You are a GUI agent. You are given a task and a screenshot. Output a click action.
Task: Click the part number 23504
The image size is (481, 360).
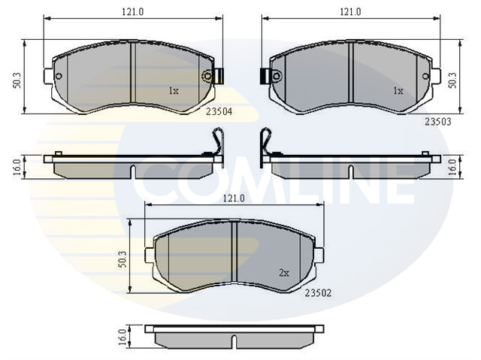(x=219, y=112)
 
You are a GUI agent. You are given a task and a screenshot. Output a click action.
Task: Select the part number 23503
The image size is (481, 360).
(x=437, y=122)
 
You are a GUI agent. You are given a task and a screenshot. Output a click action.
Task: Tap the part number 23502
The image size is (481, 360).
(x=318, y=293)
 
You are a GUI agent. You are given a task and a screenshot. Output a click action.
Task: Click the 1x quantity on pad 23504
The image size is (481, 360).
(x=174, y=91)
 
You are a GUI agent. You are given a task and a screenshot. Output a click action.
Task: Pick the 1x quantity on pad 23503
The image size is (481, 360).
(x=398, y=91)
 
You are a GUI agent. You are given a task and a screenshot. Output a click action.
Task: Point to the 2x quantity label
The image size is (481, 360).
(x=284, y=273)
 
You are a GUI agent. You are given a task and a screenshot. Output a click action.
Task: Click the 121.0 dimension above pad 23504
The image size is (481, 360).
(x=133, y=12)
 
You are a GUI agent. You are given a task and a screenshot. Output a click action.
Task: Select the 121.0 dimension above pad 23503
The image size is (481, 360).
(x=351, y=12)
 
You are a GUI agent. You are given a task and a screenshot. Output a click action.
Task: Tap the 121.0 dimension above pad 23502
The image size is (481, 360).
(x=234, y=198)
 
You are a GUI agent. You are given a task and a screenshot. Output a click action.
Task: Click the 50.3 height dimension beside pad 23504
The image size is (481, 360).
(x=17, y=80)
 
